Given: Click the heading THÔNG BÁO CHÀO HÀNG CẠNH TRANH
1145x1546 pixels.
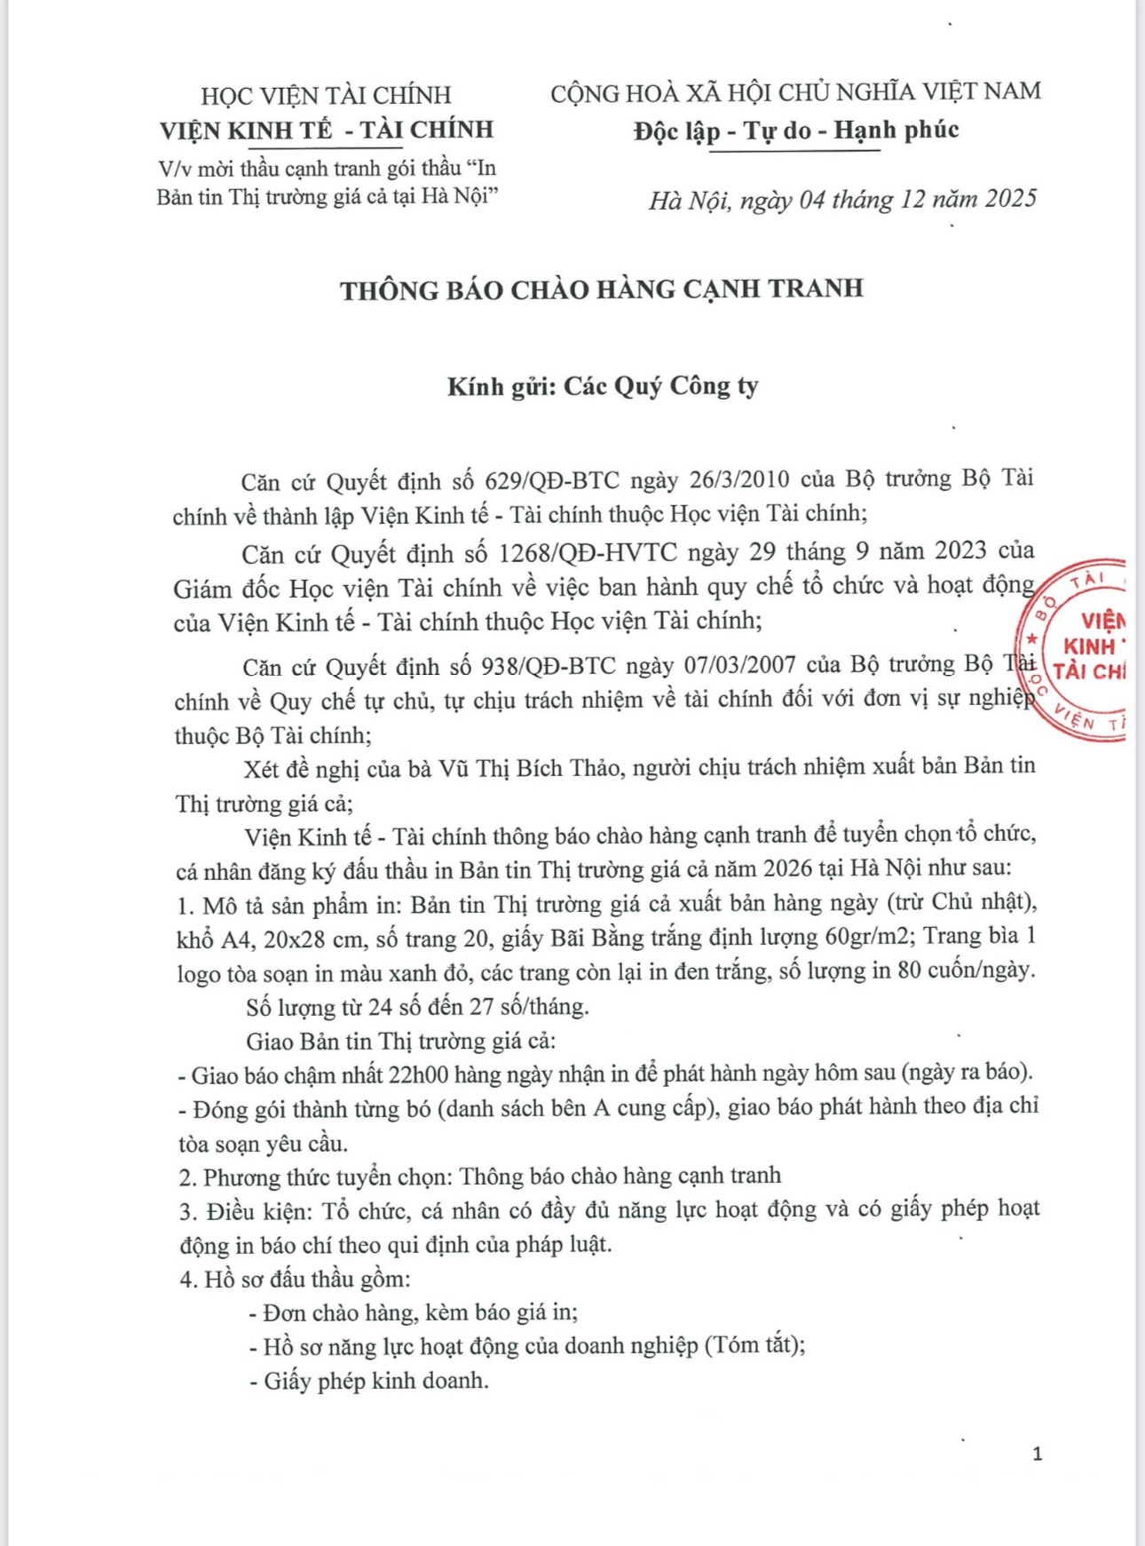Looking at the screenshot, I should point(601,289).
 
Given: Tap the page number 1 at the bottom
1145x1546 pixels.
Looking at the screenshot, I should point(1037,1454).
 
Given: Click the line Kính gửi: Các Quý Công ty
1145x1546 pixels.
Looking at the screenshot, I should point(603,386).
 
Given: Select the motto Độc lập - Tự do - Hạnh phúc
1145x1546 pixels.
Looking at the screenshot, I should point(796,131).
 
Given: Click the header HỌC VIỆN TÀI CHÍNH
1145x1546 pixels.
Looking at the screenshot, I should point(326,95).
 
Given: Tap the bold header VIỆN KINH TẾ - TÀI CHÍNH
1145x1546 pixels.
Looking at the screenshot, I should point(326,130).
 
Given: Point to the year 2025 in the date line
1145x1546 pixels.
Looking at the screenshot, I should point(1010,198).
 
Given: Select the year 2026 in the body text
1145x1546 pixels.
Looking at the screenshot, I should point(787,868).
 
